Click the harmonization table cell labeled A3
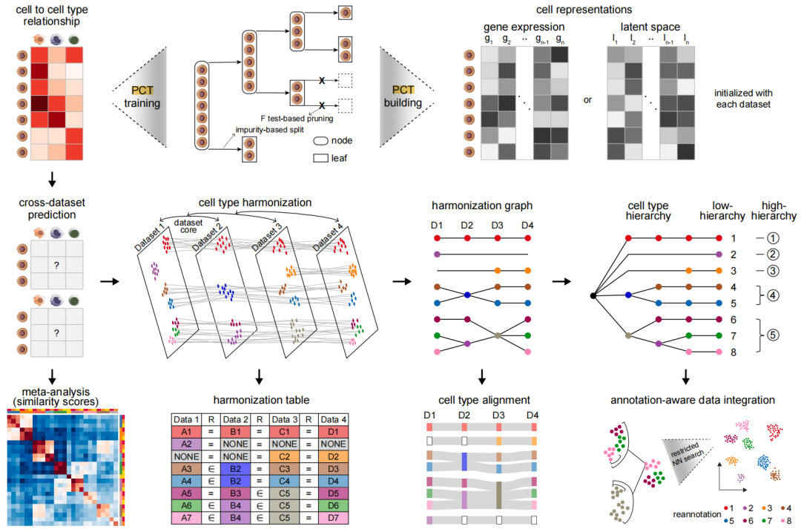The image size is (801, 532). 188,468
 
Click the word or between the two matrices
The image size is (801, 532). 587,100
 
